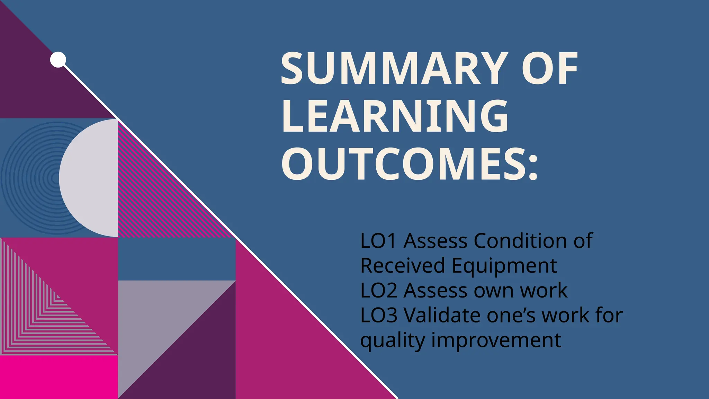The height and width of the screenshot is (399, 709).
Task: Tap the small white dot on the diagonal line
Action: [58, 60]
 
